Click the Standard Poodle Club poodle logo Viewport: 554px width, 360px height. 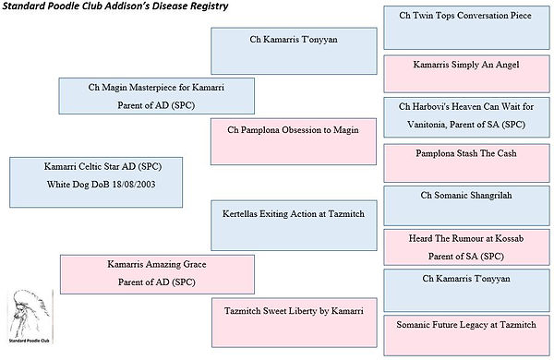30,317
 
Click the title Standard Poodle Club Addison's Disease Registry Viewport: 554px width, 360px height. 115,6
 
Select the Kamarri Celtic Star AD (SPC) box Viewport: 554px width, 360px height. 96,182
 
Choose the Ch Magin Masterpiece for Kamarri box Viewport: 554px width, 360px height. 157,96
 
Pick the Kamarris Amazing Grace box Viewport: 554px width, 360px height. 157,274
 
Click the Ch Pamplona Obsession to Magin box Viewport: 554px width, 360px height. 294,141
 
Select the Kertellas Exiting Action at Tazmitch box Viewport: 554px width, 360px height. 294,225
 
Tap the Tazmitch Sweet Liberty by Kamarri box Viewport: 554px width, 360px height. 295,322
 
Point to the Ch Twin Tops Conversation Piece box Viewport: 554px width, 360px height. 466,28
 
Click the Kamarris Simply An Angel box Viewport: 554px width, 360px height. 466,74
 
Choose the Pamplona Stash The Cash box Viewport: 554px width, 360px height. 466,162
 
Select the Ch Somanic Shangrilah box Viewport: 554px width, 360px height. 466,206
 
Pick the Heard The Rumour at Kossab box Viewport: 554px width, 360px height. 466,247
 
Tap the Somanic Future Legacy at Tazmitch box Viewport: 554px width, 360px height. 466,335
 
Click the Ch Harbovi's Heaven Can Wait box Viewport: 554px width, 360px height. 466,117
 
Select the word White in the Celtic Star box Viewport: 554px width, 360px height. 57,185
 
